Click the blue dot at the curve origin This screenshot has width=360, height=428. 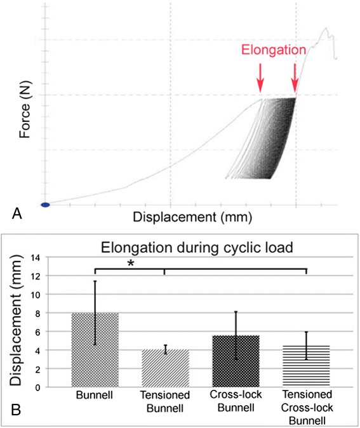(45, 204)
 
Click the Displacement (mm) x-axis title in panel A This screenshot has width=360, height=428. (192, 217)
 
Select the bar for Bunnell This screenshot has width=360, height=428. (95, 350)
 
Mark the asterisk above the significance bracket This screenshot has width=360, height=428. (130, 262)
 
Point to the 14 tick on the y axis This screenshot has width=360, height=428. (53, 258)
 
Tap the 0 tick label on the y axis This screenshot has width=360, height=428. (55, 387)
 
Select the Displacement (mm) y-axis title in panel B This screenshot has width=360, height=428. (21, 322)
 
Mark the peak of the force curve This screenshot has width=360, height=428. (326, 29)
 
